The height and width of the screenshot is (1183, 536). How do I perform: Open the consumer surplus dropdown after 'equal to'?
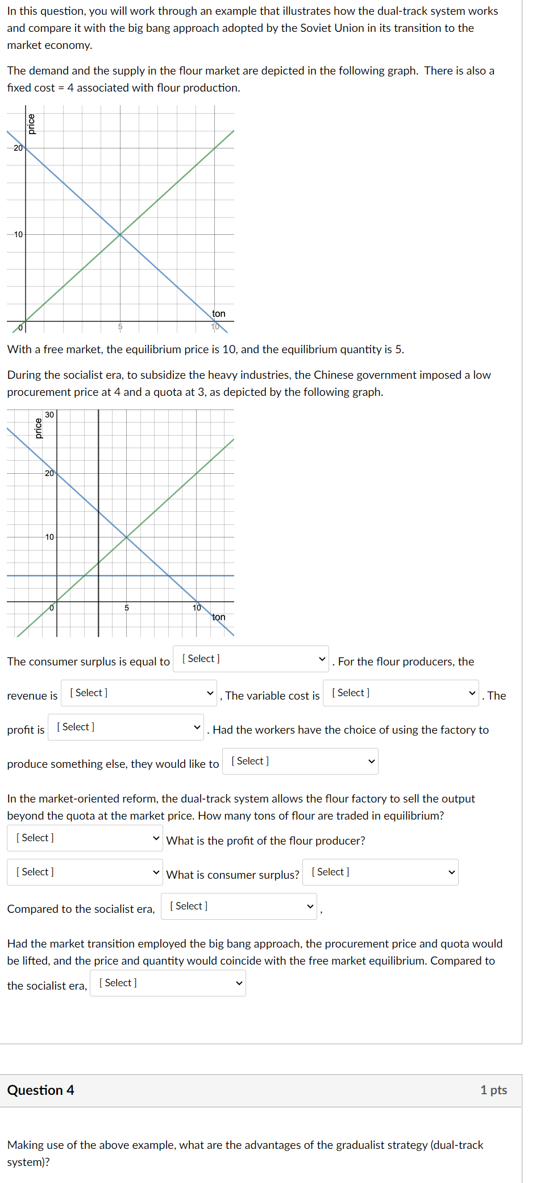tap(251, 659)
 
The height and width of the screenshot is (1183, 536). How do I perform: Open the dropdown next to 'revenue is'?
tap(139, 693)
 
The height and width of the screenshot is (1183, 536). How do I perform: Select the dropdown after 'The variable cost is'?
tap(401, 693)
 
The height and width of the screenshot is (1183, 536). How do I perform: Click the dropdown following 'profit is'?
tap(126, 727)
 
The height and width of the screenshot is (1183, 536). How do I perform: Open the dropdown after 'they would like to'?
tap(300, 761)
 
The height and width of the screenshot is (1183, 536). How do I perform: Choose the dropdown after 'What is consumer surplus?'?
tap(380, 872)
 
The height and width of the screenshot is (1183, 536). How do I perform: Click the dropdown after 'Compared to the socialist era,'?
tap(239, 906)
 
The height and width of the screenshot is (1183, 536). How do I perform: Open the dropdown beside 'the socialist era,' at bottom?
tap(168, 983)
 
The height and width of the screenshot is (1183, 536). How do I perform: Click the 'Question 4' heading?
tap(41, 1090)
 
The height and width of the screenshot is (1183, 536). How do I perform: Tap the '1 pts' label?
tap(493, 1090)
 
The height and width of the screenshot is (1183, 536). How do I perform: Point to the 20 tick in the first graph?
tap(18, 148)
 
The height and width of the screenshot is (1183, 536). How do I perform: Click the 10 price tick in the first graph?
tap(18, 234)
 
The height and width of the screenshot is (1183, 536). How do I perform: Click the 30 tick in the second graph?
tap(49, 415)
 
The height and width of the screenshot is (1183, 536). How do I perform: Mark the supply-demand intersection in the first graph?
tap(120, 234)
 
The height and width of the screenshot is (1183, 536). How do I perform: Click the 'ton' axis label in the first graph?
tap(219, 313)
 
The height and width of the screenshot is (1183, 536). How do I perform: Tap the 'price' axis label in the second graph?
tap(39, 428)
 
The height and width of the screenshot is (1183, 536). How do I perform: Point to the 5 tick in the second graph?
tap(127, 608)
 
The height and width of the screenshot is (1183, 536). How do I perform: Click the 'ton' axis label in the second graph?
tap(219, 617)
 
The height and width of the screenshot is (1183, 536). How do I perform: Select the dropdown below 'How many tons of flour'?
tap(85, 838)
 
